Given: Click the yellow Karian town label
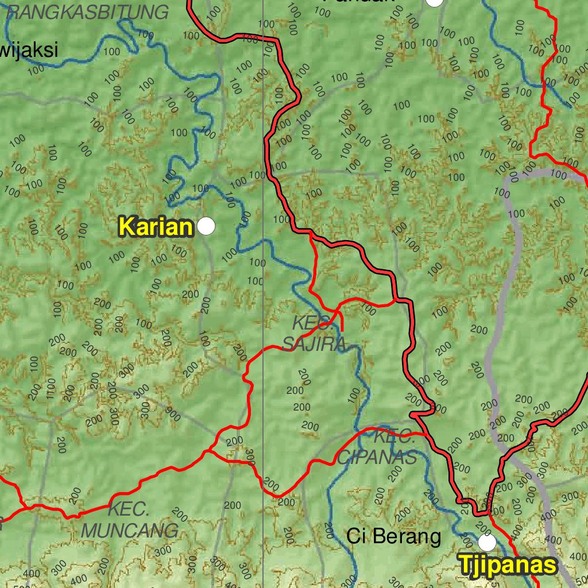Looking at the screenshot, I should pos(155,227).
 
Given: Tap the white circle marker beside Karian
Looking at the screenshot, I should pos(206,226).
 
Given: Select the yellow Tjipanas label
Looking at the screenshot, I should pos(508,565).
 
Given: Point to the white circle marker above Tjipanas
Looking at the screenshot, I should pos(487,541).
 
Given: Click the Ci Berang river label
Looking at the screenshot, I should pos(394,536).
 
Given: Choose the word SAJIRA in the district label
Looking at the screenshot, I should pos(314,343).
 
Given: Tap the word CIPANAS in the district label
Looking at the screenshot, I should pos(377,458).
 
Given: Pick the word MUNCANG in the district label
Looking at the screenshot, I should pos(129,530).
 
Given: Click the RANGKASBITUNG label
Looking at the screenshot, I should pos(89,11).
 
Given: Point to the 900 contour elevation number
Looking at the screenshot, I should pos(172,412).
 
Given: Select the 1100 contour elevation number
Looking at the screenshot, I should pos(51,388).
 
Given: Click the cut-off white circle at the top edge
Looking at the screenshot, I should pos(435,2).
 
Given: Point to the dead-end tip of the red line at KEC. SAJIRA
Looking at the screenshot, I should pos(342,330).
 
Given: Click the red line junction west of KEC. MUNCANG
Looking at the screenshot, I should pos(24,507).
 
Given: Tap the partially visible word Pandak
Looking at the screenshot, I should pos(359,1).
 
